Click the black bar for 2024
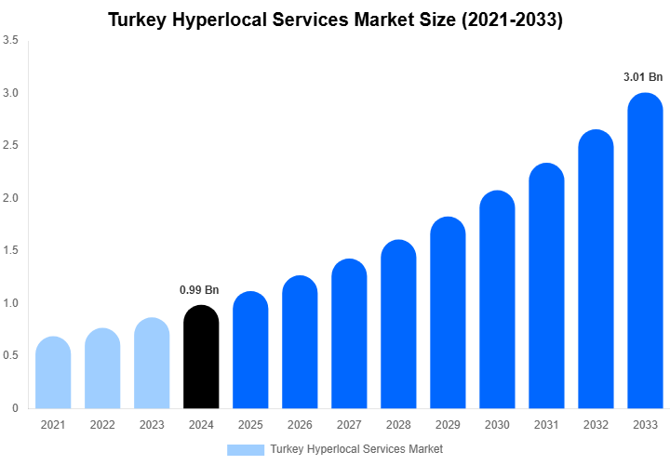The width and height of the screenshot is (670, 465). (x=201, y=357)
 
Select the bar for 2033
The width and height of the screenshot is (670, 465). (x=645, y=251)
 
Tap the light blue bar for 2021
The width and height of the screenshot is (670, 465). (x=53, y=373)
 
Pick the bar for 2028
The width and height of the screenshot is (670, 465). (x=398, y=325)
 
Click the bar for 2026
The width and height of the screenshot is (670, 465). (x=300, y=342)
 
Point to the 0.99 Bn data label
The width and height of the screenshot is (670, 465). (x=199, y=290)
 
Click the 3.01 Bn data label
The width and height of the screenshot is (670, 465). (x=642, y=77)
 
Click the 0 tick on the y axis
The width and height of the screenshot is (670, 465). (x=15, y=408)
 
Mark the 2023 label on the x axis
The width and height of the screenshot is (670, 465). (x=152, y=425)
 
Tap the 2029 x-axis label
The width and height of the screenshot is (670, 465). (x=448, y=425)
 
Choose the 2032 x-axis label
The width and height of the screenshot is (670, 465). (x=596, y=425)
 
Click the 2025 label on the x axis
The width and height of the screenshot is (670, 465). (x=250, y=425)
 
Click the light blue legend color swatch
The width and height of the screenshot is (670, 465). (x=246, y=449)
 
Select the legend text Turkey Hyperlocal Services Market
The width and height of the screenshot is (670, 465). (x=356, y=449)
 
